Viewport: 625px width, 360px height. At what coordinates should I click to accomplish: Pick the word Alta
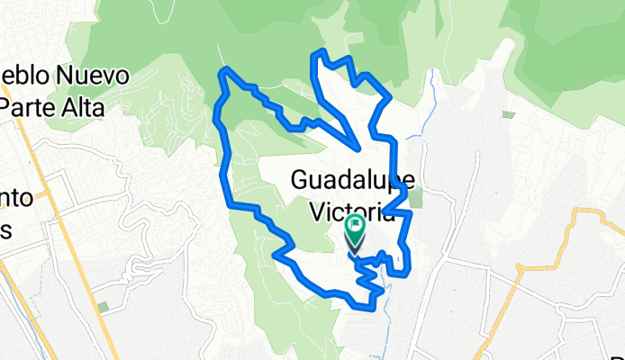click(x=84, y=107)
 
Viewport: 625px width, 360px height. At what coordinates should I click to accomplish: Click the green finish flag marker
click(x=355, y=224)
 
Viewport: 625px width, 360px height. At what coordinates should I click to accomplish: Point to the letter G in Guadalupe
click(x=301, y=181)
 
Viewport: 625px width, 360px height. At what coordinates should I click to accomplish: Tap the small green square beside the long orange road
click(x=103, y=308)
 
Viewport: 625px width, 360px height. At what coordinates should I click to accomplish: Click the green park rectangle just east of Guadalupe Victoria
click(x=415, y=198)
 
